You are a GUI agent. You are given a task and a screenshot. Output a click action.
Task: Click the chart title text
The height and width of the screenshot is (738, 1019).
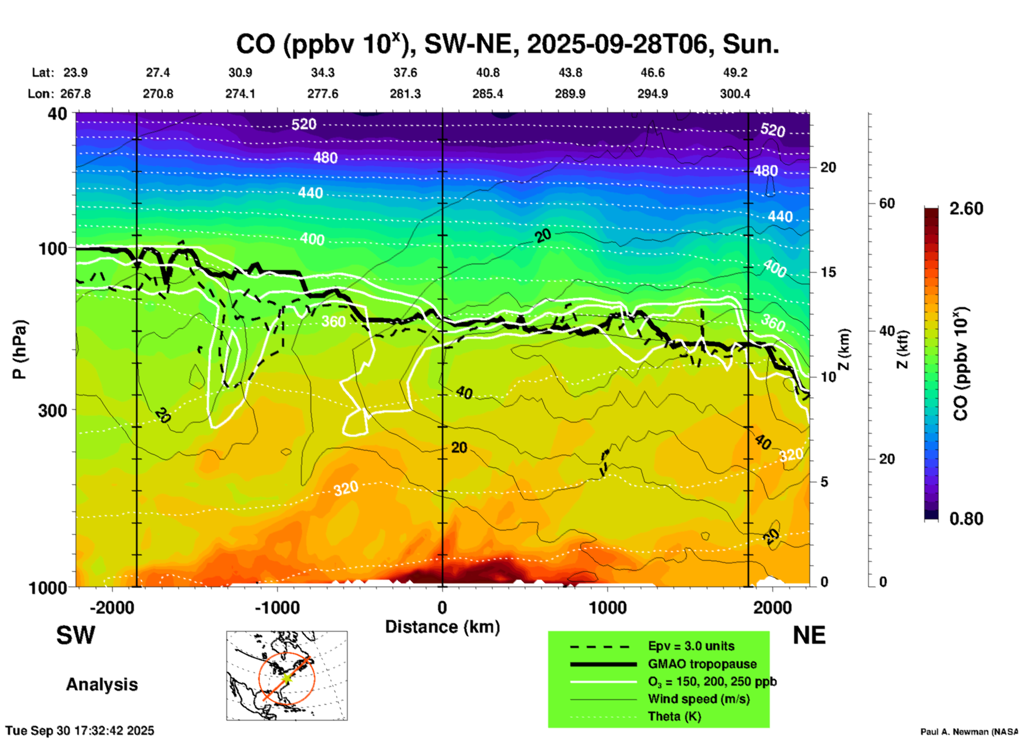coord(507,44)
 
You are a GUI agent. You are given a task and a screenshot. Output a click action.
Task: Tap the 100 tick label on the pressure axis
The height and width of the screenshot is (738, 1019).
coord(53,248)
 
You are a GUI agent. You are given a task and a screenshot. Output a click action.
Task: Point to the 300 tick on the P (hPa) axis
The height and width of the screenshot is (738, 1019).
coord(53,410)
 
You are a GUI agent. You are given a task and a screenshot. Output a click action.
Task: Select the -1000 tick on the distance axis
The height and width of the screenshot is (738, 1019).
coord(277,607)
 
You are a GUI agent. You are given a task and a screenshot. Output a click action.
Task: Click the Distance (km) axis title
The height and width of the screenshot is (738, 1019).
coord(442,627)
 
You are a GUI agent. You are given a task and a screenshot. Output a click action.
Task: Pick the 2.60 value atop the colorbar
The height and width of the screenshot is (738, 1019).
coord(966,209)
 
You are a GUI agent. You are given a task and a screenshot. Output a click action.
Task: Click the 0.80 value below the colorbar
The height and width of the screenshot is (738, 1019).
coord(966,518)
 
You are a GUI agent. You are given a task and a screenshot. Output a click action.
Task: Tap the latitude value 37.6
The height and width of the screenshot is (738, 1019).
coord(405,73)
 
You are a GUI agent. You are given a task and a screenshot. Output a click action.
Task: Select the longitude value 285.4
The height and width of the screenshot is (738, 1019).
coord(488,94)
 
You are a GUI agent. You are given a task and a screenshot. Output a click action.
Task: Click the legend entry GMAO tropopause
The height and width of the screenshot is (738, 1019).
coord(702,664)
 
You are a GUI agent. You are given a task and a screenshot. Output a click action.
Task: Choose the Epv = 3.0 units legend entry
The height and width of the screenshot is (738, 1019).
coord(691,646)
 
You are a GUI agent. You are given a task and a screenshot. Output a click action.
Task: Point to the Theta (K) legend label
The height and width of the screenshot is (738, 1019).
coord(674,716)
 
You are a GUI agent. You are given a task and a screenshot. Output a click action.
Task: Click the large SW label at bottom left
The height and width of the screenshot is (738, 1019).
coord(76,635)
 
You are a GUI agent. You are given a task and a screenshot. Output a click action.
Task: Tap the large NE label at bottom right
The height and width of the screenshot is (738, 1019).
coord(809,635)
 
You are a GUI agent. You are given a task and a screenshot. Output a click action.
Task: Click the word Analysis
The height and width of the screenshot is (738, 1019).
coord(102,685)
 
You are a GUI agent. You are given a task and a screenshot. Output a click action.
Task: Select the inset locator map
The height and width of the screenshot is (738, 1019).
coord(287,676)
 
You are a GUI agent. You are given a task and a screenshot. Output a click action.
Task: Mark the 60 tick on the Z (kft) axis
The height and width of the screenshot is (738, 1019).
coord(887,203)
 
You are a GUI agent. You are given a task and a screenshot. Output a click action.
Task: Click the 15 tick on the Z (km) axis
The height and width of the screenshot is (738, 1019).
coord(828,272)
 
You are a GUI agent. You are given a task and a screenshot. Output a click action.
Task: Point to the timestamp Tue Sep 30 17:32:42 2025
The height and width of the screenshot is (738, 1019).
coord(80,731)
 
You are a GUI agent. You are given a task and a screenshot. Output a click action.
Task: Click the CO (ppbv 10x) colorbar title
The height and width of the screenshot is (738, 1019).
coord(960,364)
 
